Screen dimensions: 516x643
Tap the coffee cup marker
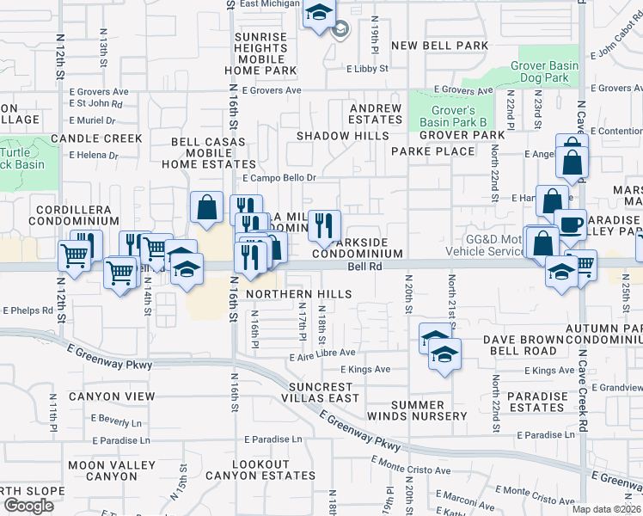pos(568,225)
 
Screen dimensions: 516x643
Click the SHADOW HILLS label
pos(342,136)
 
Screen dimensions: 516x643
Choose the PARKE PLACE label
pos(432,150)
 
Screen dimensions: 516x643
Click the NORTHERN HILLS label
pos(298,294)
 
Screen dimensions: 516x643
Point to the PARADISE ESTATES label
pos(537,402)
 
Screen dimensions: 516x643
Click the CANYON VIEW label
pos(112,396)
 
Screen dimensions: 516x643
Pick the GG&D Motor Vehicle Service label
pos(484,245)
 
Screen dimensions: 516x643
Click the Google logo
pos(28,506)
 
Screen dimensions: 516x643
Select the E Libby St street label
pos(367,68)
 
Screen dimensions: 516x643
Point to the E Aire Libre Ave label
pos(322,353)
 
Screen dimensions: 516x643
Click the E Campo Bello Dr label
pos(279,178)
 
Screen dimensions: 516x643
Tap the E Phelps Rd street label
pos(28,310)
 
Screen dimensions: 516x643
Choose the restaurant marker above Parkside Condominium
pos(323,226)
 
